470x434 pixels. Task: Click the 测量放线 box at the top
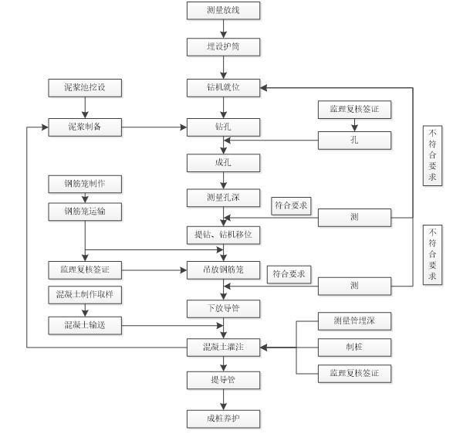223,11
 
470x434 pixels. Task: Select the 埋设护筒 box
223,47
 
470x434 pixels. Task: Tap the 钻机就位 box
223,87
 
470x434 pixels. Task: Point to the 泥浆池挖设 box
84,87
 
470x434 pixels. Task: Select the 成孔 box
223,162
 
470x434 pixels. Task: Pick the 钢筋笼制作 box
84,184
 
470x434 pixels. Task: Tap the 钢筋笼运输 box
84,211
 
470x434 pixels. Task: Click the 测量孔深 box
223,198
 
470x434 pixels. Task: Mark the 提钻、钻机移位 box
223,233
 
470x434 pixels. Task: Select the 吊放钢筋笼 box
223,270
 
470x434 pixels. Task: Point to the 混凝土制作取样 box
84,295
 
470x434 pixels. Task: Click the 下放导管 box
223,308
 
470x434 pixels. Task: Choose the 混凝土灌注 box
223,348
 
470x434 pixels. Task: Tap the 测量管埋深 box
354,320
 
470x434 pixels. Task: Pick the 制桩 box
354,347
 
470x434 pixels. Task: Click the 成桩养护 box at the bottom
223,419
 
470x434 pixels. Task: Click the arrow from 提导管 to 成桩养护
223,399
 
